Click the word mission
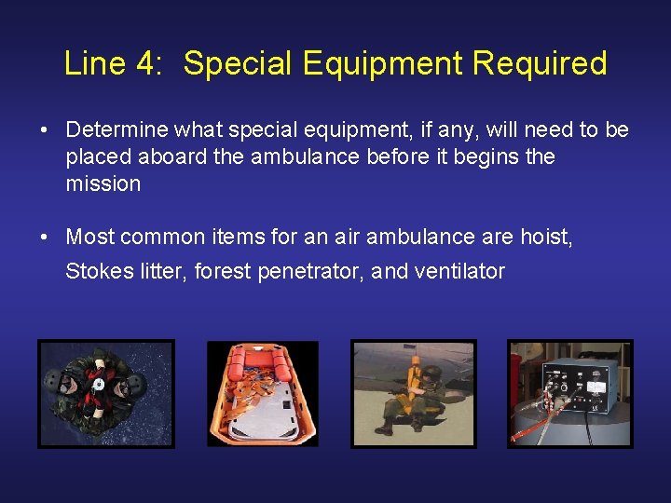[x=103, y=184]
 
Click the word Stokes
[x=95, y=272]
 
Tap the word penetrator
[x=313, y=272]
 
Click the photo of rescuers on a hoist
[x=105, y=393]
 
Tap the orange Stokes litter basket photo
[x=262, y=394]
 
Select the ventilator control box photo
[x=569, y=393]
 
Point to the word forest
[x=222, y=272]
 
